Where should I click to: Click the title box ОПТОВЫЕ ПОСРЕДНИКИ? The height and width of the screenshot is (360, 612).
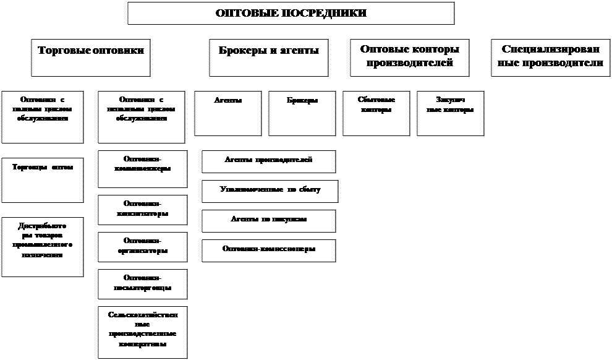pos(291,13)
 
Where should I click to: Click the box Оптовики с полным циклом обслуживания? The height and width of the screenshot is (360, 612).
pos(42,116)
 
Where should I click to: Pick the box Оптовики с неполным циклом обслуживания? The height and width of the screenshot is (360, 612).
pos(142,116)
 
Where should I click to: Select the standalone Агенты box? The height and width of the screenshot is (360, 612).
pos(227,113)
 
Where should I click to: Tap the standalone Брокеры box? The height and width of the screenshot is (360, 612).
pos(302,113)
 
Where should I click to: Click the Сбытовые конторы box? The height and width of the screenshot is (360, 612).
pos(376,113)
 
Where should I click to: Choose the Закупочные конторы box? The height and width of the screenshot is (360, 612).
pos(450,113)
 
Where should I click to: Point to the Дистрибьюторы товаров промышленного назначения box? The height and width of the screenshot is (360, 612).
pos(42,246)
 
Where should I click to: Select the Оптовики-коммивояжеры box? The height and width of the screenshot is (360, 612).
pos(142,169)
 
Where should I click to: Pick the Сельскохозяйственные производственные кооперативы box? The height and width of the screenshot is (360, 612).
pos(142,332)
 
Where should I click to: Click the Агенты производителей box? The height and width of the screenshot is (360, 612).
pos(268,161)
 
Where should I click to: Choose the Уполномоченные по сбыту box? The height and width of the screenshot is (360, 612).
pos(270,191)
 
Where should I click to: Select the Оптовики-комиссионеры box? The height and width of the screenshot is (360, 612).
pos(268,250)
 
